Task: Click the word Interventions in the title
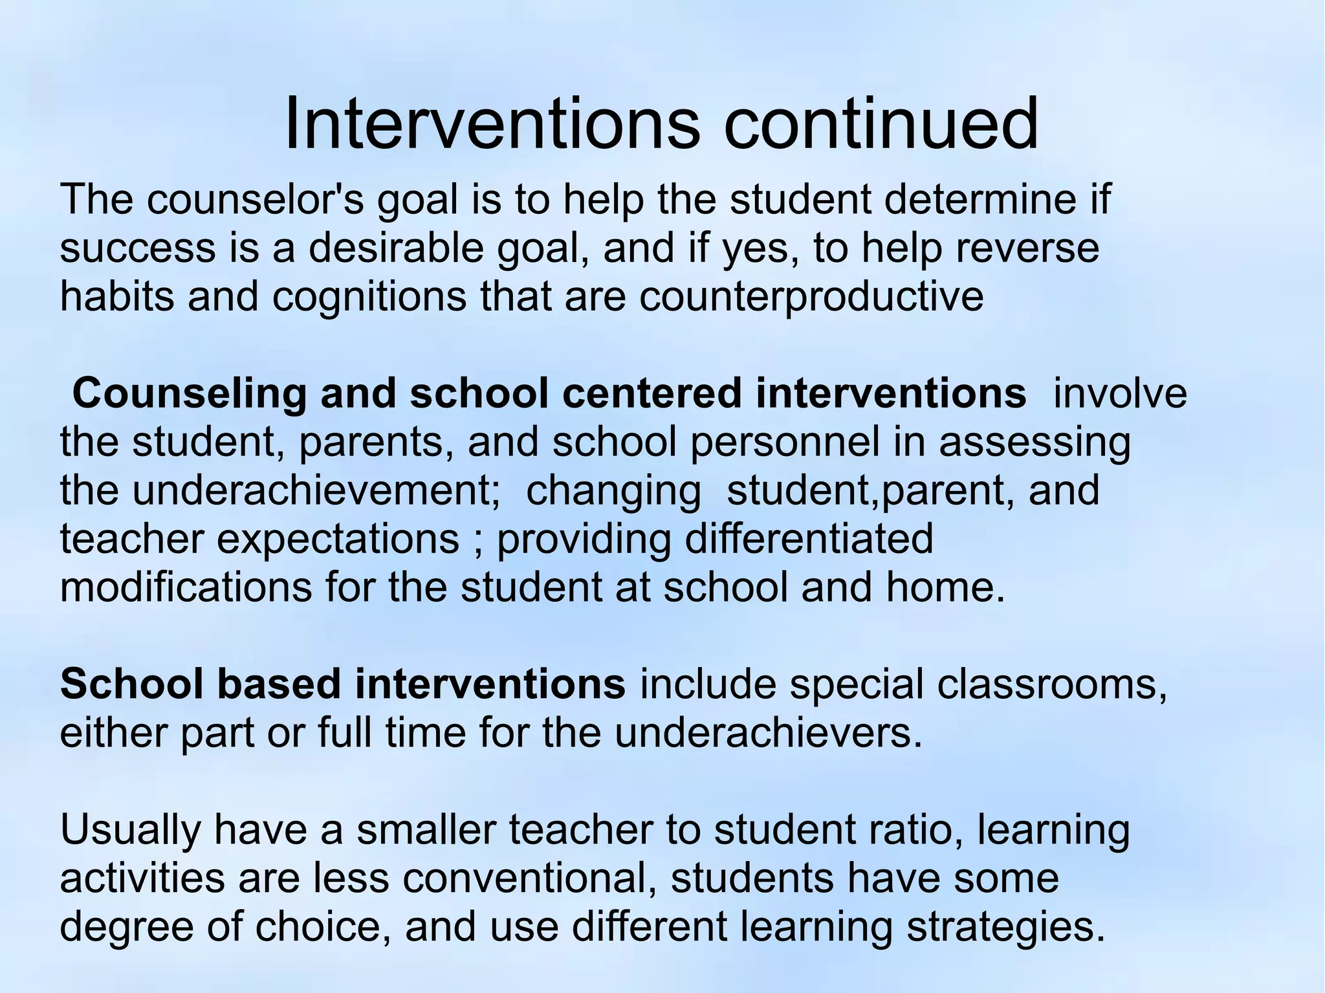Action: coord(492,123)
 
